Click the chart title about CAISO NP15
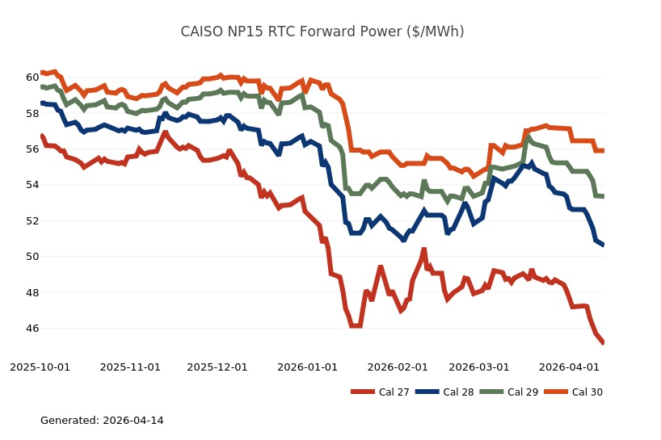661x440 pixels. pos(322,32)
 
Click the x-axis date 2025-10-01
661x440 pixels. pos(40,367)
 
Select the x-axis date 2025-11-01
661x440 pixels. pos(130,367)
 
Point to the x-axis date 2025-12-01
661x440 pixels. pos(217,367)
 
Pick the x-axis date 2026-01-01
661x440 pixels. pos(308,367)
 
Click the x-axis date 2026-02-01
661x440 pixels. pos(398,367)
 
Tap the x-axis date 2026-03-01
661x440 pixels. pos(479,367)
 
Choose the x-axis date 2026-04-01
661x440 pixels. pos(570,367)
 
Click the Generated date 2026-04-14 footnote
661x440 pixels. pos(102,421)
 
